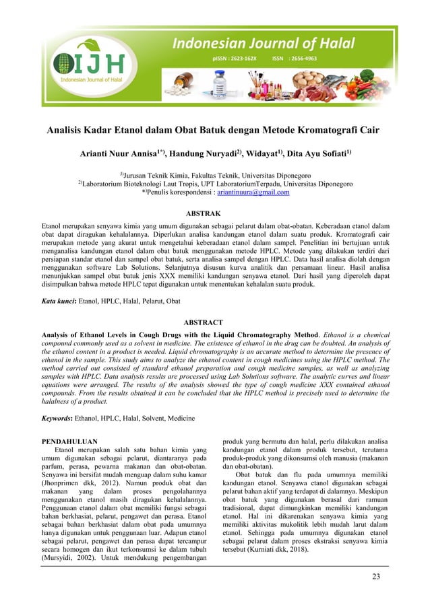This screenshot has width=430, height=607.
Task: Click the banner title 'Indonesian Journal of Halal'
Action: (x=263, y=44)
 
